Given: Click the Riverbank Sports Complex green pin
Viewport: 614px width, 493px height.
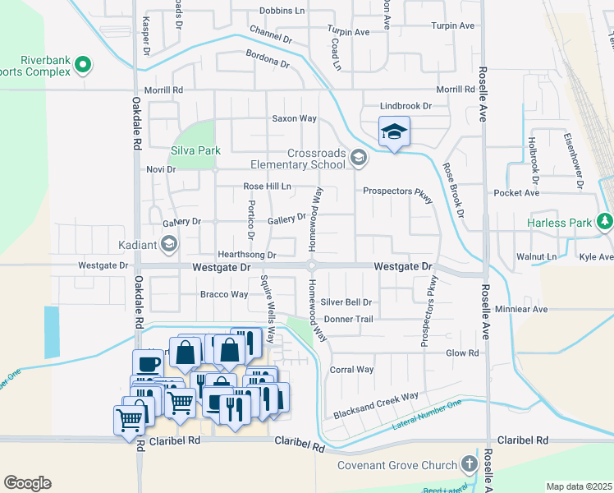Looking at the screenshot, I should (x=82, y=64).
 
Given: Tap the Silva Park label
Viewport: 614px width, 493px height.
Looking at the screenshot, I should (x=196, y=151).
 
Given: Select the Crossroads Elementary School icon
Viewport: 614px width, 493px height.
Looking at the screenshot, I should (x=358, y=158).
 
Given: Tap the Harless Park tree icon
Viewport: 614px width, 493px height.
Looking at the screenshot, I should (x=605, y=221).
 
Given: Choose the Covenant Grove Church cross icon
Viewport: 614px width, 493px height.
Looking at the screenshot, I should (x=470, y=464).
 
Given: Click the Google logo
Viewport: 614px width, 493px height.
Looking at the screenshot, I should (x=27, y=483).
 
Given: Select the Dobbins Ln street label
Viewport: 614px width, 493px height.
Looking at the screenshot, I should (x=282, y=11).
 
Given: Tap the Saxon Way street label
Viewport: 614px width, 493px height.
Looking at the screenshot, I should (x=295, y=118).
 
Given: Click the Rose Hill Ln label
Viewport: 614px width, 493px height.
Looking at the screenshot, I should (x=268, y=187).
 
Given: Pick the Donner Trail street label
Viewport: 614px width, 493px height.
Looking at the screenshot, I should (x=349, y=319).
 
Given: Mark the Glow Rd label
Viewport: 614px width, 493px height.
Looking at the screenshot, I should (x=461, y=352).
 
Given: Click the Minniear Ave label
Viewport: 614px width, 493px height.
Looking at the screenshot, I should (x=521, y=310).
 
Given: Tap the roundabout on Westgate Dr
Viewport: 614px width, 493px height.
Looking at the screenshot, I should (x=312, y=265).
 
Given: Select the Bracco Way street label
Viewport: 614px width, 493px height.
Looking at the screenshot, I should (x=224, y=294).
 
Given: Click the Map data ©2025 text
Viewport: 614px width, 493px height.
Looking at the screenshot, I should (x=579, y=486).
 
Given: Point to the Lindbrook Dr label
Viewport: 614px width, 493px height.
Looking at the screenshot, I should (x=406, y=106).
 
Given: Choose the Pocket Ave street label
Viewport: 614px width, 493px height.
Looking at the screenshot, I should (x=516, y=193).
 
